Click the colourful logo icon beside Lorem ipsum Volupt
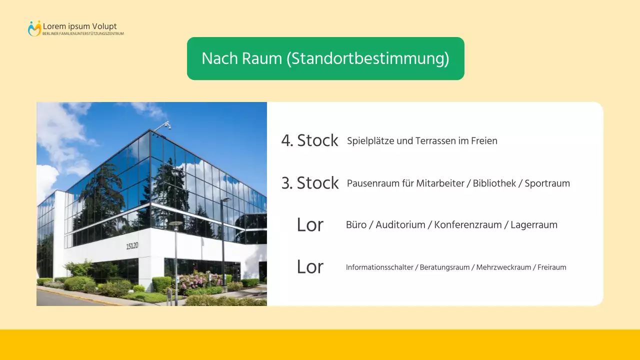click(34, 28)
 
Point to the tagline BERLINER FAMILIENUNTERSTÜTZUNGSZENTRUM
click(83, 34)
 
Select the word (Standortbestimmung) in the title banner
click(367, 58)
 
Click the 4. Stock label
click(309, 140)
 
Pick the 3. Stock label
click(310, 183)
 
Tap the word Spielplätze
click(370, 141)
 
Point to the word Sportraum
click(547, 183)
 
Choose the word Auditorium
click(400, 225)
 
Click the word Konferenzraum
click(467, 225)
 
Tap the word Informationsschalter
click(379, 267)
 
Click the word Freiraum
click(552, 267)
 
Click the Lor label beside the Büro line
click(310, 225)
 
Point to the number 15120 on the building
click(132, 245)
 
